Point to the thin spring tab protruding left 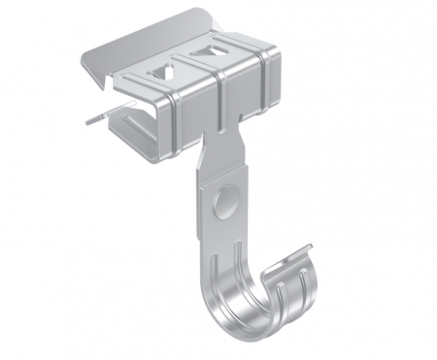95,117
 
